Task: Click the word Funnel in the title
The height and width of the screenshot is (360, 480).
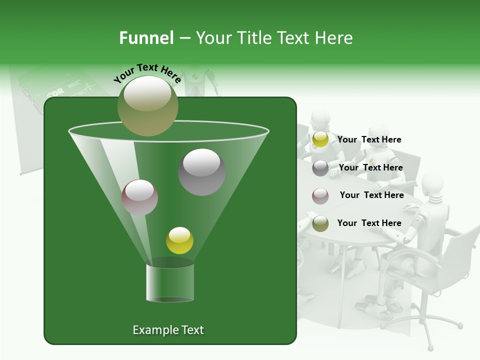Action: [x=146, y=38]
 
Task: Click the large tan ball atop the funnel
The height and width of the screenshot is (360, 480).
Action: [x=147, y=105]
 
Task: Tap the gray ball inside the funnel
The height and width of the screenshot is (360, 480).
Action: [x=201, y=171]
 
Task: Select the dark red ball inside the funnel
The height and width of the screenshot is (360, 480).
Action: [x=139, y=197]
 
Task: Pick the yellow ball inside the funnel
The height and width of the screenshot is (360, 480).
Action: [x=179, y=240]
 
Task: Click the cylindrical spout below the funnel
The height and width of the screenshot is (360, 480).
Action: [x=170, y=282]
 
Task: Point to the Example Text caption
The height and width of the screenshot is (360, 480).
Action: [x=168, y=330]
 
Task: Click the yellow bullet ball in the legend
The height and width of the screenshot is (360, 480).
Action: [x=320, y=139]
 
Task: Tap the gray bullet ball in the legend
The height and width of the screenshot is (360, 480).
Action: [x=320, y=168]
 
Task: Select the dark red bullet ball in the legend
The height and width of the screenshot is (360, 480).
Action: [x=320, y=195]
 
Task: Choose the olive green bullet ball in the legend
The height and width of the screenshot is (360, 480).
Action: [x=320, y=223]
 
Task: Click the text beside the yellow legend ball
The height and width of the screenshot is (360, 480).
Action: [x=369, y=139]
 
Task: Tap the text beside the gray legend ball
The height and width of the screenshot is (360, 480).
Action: [x=370, y=167]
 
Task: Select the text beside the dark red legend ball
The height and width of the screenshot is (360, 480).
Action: [x=371, y=195]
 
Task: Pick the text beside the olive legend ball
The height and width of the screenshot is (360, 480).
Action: [x=369, y=223]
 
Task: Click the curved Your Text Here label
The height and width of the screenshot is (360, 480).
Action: [x=147, y=73]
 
